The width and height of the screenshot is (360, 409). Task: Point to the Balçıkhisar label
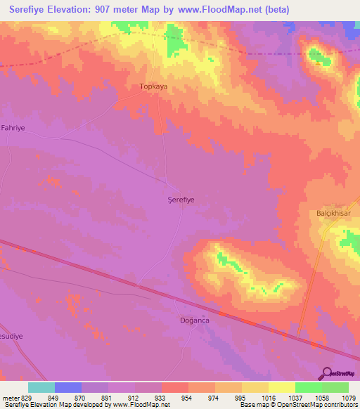point(333,213)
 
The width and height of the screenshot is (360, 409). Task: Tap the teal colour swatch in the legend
point(41,387)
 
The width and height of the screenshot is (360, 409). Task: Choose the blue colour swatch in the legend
point(67,387)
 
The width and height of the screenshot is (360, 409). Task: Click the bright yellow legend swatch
point(281,387)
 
